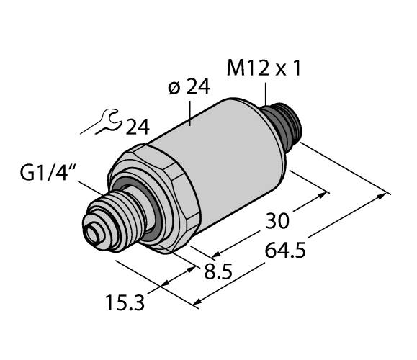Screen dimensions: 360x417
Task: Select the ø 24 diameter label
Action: tap(189, 88)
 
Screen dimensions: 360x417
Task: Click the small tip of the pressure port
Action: tap(93, 235)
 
